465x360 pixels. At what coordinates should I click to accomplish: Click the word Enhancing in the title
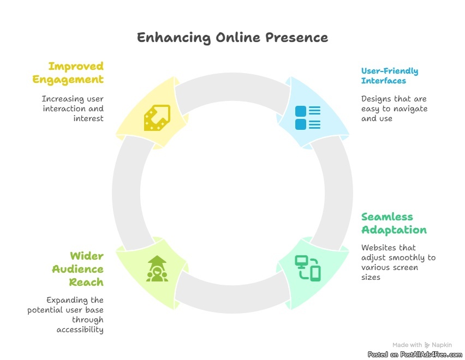tap(165, 38)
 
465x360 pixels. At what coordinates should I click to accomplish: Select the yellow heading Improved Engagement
tap(68, 73)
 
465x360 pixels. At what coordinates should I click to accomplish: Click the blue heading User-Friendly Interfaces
tap(390, 76)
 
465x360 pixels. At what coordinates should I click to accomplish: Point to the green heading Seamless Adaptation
tap(394, 223)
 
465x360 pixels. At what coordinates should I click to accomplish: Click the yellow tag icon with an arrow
tap(157, 117)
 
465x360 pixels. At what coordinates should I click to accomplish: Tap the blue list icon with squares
tap(308, 118)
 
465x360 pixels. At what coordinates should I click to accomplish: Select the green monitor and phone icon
tap(308, 268)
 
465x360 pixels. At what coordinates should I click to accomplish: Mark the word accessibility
tap(80, 329)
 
